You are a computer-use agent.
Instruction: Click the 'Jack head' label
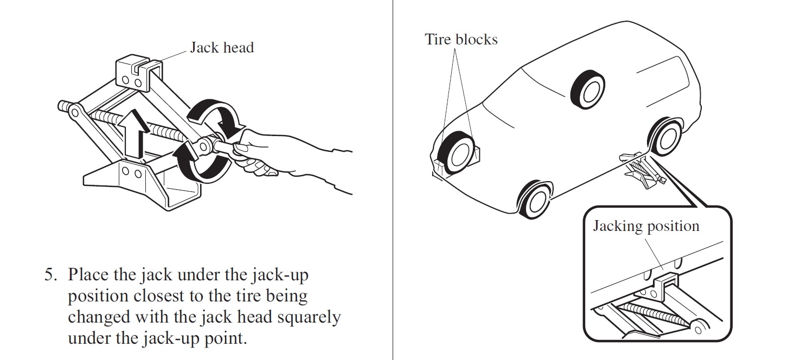pyautogui.click(x=221, y=48)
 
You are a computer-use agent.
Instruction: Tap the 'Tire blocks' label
pyautogui.click(x=461, y=39)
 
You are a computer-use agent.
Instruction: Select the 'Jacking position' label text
pyautogui.click(x=646, y=226)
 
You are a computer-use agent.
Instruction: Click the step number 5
pyautogui.click(x=50, y=275)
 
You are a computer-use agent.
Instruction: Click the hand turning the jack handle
pyautogui.click(x=282, y=157)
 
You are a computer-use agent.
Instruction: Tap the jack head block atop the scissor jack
pyautogui.click(x=138, y=72)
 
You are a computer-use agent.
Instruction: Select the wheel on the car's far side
pyautogui.click(x=589, y=88)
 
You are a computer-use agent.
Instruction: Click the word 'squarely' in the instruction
pyautogui.click(x=309, y=317)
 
